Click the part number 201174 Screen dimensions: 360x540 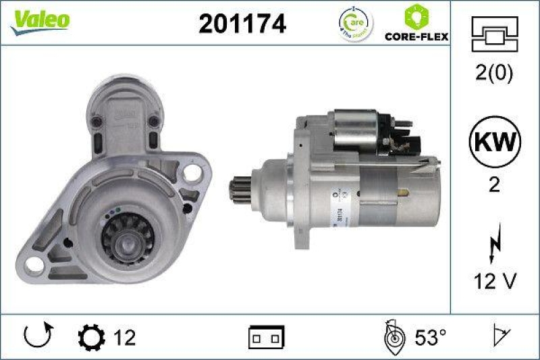click(242, 24)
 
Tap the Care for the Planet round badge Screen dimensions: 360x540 click(354, 24)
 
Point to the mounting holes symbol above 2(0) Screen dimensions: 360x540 click(494, 33)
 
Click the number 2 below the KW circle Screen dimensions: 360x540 click(495, 185)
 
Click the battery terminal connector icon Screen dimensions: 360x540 click(267, 336)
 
